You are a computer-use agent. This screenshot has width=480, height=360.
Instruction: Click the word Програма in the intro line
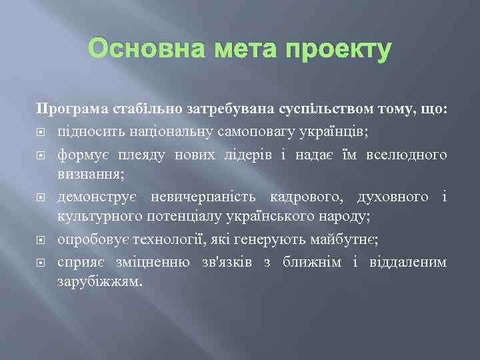68,109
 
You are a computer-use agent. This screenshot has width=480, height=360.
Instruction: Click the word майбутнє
347,239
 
